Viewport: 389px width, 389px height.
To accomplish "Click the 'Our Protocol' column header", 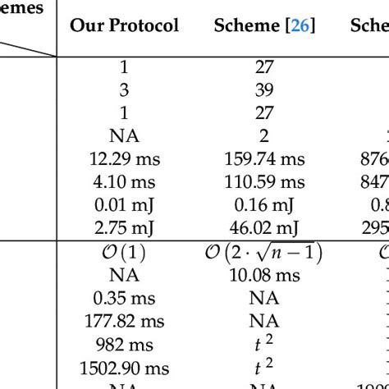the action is click(124, 25).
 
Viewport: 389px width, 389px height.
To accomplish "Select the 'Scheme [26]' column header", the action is click(263, 25).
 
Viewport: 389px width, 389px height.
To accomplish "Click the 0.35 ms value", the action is click(124, 298).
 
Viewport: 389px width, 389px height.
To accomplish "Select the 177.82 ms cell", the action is click(124, 321).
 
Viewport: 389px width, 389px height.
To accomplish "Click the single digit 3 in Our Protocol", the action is click(124, 89).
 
